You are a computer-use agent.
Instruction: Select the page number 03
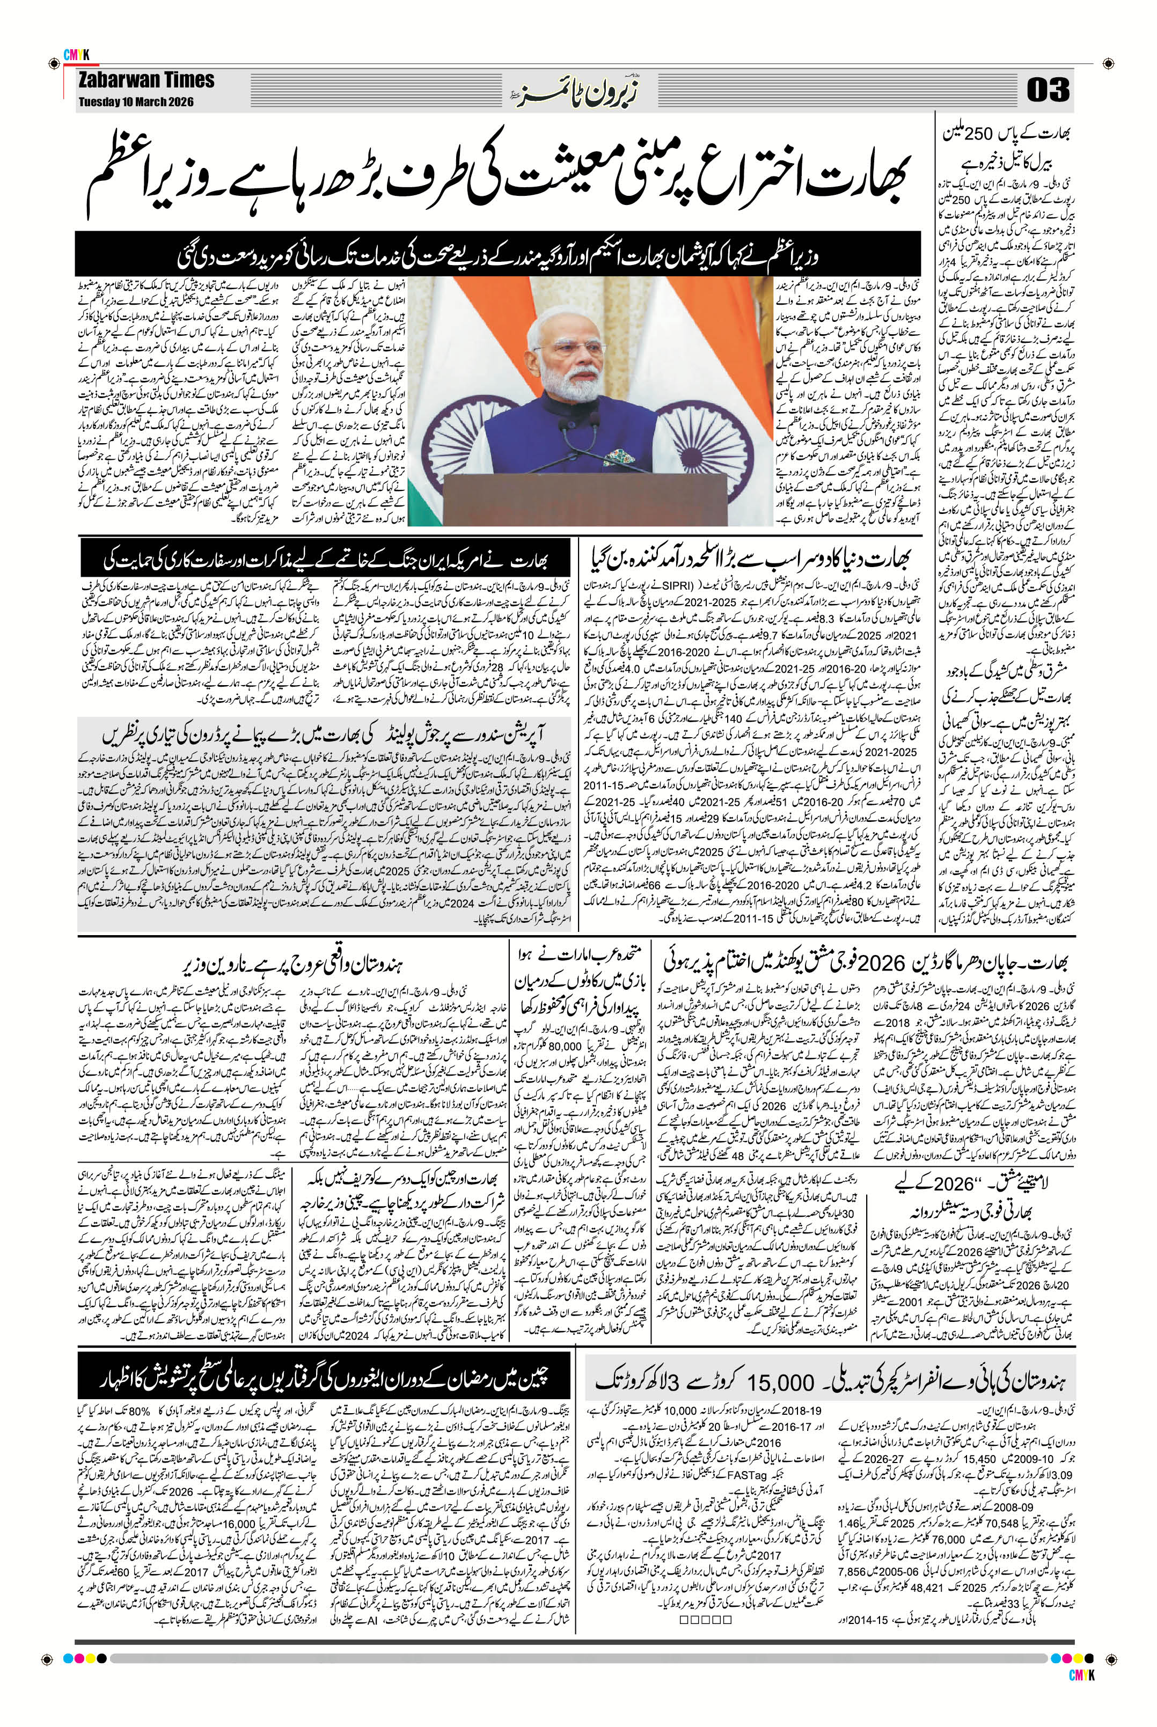tap(1048, 92)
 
